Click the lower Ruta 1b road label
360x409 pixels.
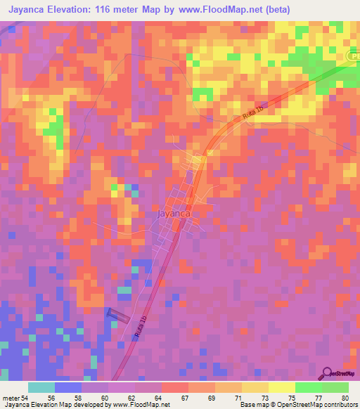pos(138,330)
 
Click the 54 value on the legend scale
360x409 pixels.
pos(25,397)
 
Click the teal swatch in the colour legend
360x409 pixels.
pos(41,387)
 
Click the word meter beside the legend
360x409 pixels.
pos(11,397)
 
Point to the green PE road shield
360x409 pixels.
pos(353,55)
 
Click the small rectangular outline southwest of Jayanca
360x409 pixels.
pos(117,316)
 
